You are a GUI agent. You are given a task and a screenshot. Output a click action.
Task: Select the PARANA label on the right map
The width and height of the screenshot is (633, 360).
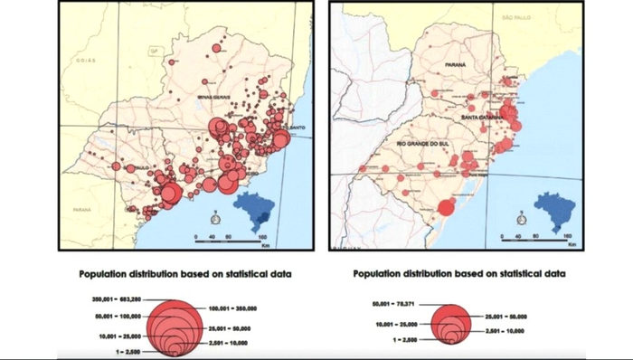455,64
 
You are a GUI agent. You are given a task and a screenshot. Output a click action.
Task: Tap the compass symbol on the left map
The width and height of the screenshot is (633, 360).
216,217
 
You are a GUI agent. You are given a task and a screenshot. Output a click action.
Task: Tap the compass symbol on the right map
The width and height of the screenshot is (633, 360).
521,217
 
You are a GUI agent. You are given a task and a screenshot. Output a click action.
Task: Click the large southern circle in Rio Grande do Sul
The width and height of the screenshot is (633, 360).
445,208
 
